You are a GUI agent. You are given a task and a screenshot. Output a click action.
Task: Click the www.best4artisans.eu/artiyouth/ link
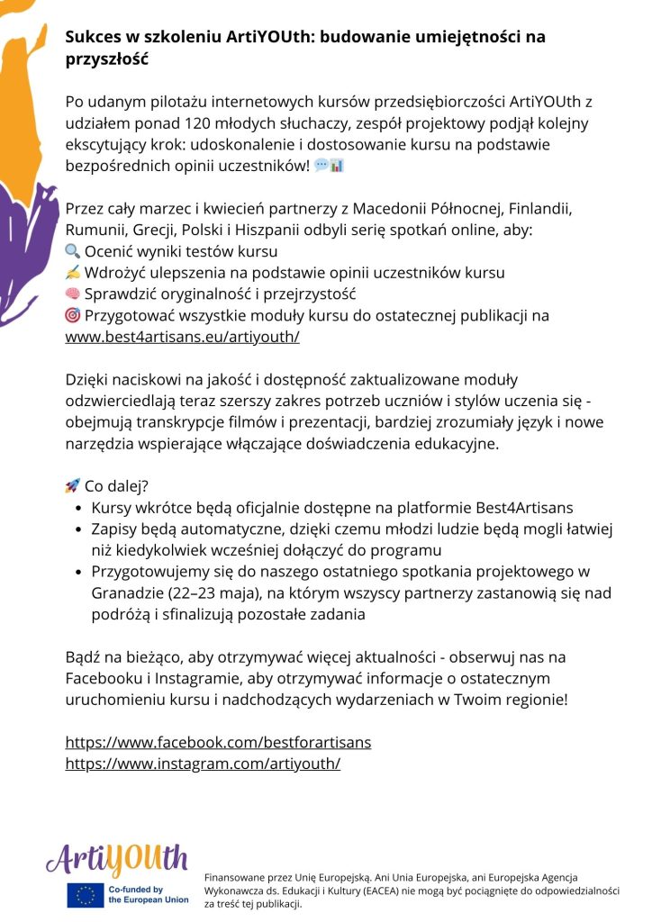[182, 338]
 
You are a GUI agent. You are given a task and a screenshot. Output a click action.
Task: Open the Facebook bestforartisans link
[218, 742]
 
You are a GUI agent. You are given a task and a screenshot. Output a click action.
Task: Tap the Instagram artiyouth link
[203, 764]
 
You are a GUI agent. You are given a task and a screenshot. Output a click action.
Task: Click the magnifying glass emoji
[73, 251]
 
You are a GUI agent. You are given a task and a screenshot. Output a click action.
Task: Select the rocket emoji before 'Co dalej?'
[73, 486]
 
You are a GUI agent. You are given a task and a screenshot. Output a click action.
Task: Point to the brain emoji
[73, 294]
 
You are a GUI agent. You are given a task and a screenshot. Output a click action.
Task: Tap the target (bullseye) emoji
[73, 316]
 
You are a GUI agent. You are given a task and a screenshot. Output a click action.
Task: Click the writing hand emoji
[73, 273]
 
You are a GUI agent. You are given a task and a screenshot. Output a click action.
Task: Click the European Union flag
[86, 895]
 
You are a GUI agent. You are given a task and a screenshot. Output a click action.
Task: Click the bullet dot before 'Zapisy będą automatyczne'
[78, 529]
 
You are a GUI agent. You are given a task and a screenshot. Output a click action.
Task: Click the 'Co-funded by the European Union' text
[149, 895]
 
